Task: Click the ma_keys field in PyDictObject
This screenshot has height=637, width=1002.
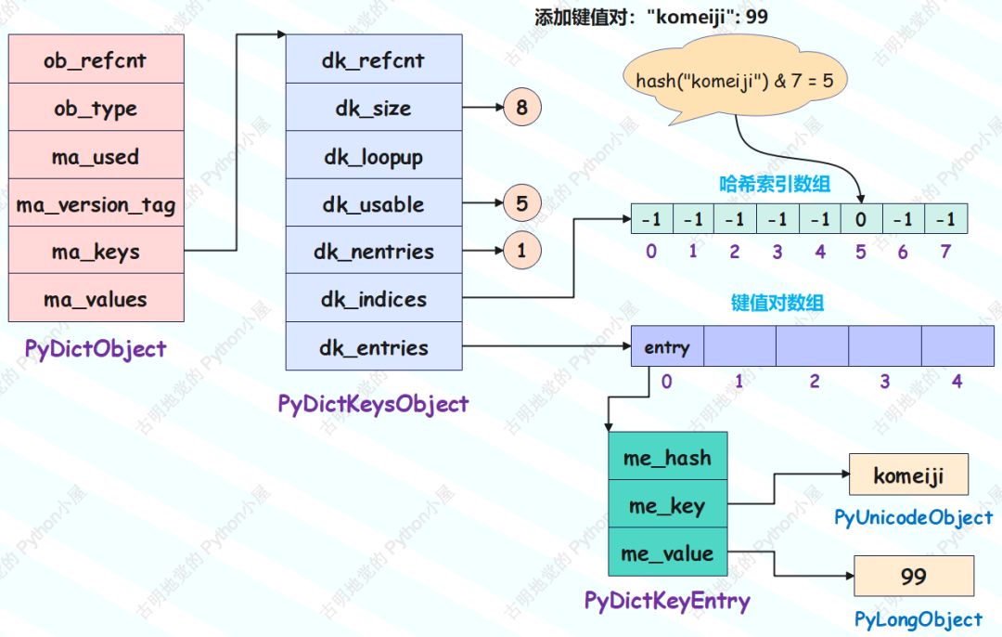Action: (96, 250)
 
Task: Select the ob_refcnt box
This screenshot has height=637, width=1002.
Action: (96, 58)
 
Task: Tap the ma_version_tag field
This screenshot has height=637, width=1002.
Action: (96, 202)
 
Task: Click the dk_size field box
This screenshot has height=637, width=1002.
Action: (374, 107)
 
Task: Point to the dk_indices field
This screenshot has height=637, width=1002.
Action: (374, 298)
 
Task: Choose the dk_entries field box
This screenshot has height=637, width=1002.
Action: (374, 346)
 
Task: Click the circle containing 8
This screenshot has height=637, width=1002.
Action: (522, 107)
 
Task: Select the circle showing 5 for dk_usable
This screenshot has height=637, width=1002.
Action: (522, 202)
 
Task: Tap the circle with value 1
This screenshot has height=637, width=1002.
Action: (522, 250)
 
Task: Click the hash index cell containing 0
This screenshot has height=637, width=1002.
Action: (861, 219)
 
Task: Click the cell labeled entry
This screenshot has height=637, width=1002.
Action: (667, 346)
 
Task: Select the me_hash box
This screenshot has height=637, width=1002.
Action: (668, 456)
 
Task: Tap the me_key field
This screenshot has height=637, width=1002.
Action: (668, 504)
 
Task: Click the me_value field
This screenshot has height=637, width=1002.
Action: (668, 552)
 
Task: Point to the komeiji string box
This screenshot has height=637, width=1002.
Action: (908, 474)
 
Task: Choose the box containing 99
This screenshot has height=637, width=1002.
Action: (914, 577)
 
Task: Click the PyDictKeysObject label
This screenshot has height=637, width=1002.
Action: (373, 404)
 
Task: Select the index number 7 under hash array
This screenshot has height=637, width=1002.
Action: (945, 252)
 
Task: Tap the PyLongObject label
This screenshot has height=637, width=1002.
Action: (918, 619)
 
